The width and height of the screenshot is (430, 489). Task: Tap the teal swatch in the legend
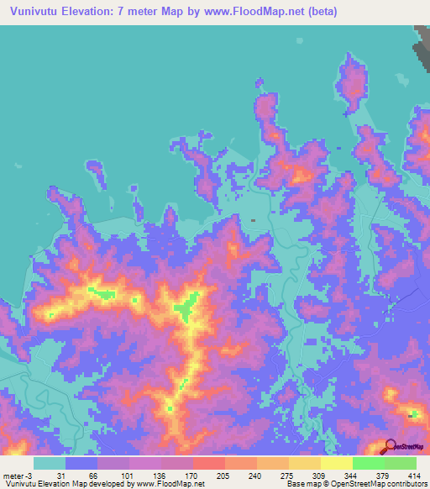click(x=50, y=463)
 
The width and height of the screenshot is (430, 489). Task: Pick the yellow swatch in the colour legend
click(x=336, y=463)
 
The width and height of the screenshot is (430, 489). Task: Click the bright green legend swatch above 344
click(x=368, y=463)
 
